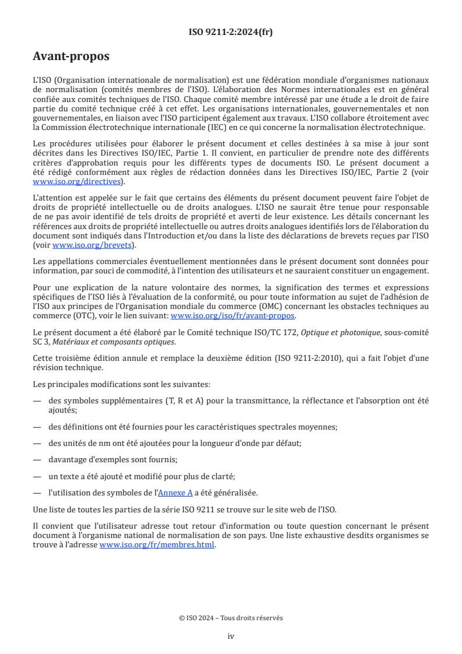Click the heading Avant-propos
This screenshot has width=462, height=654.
[x=71, y=57]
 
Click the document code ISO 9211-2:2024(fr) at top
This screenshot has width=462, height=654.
[x=231, y=32]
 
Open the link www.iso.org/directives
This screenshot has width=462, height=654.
[x=79, y=182]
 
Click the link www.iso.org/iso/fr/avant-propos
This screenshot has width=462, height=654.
[x=232, y=315]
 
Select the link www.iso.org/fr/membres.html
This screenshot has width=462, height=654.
[x=157, y=545]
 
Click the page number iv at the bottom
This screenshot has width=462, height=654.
[x=231, y=636]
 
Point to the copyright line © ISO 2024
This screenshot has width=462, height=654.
[x=231, y=618]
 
